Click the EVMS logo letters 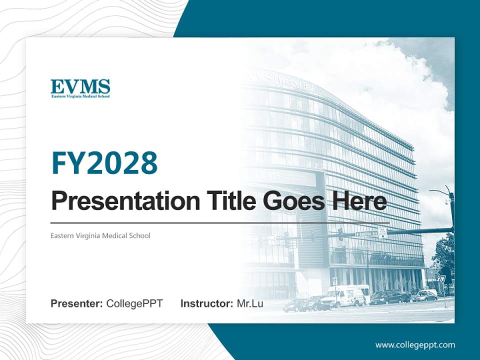(x=80, y=86)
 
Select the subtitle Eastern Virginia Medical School (x=100, y=235)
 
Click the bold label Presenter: (x=77, y=303)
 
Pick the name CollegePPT (x=134, y=303)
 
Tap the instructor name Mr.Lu (x=250, y=303)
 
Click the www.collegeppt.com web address (x=415, y=344)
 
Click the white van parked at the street (x=344, y=296)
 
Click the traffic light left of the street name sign (x=340, y=234)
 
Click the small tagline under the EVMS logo (x=80, y=95)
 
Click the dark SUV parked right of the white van (x=390, y=297)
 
